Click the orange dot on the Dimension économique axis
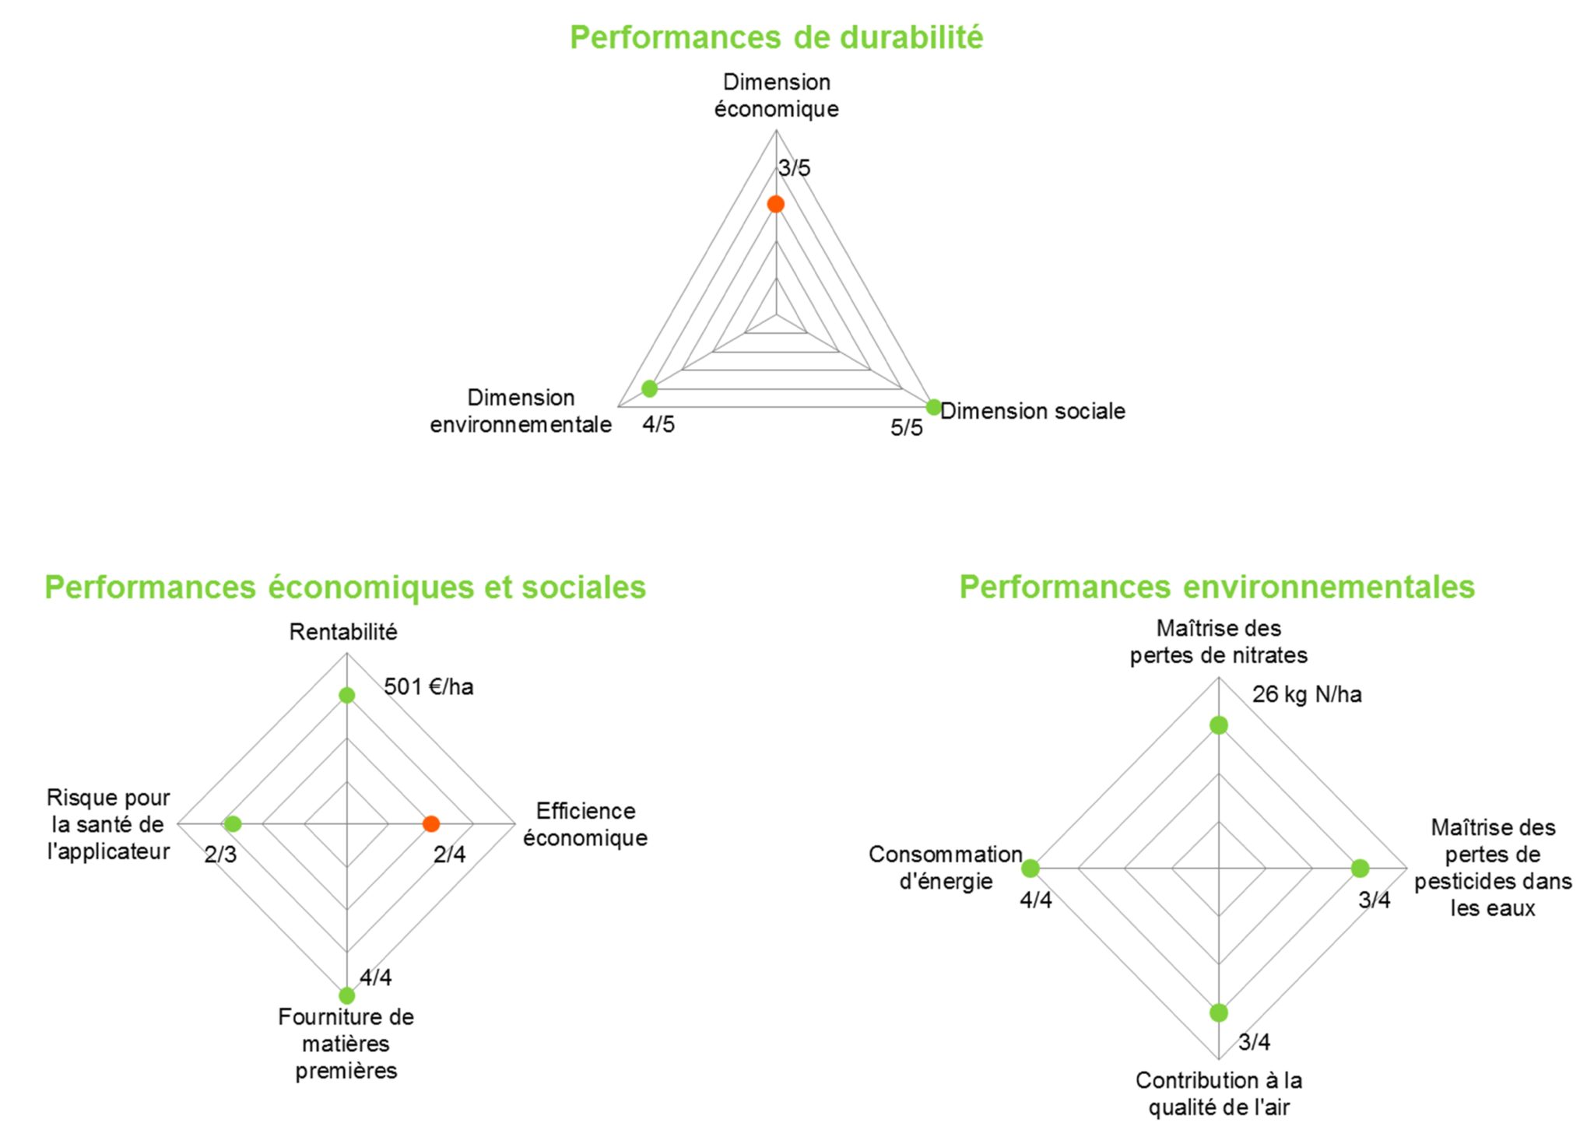pos(775,204)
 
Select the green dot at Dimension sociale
pos(933,406)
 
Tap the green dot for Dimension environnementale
pos(649,388)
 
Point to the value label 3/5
pos(794,167)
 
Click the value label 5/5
pos(907,427)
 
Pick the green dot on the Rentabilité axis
pos(347,695)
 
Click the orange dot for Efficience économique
pos(431,823)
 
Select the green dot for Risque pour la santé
pos(233,823)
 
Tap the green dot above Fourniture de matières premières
pos(347,995)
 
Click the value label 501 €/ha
pos(429,686)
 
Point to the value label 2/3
pos(220,855)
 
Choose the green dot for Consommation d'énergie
pos(1030,868)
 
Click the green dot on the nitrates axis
pos(1219,725)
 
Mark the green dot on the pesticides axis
pos(1360,868)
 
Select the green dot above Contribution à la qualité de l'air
pos(1219,1012)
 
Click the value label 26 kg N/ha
pos(1307,694)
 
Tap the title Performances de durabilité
pos(776,37)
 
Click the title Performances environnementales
pos(1217,587)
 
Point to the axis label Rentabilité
pos(343,632)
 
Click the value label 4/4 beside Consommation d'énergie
pos(1036,900)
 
